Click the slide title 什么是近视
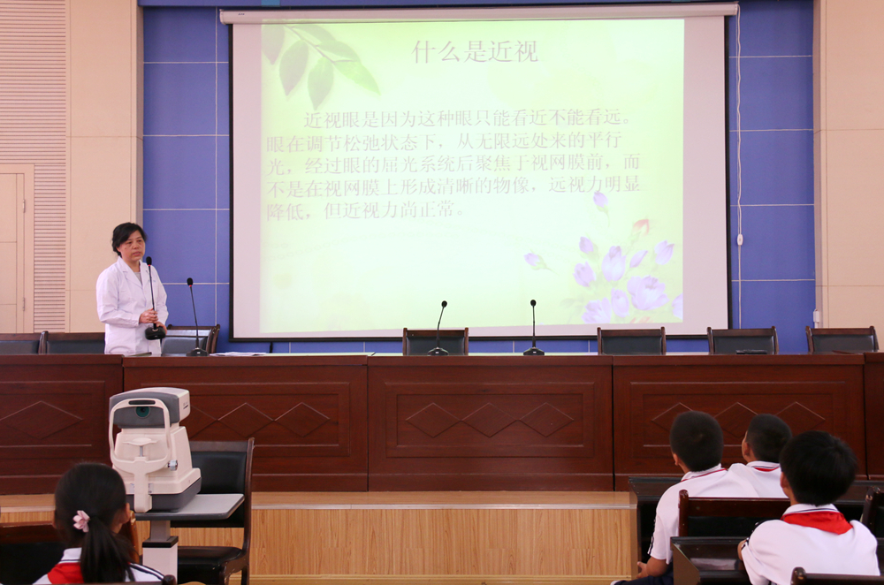pyautogui.click(x=476, y=52)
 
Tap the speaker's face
pyautogui.click(x=132, y=244)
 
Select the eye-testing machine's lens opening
pyautogui.click(x=142, y=412)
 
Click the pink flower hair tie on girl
pyautogui.click(x=81, y=520)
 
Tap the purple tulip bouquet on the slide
pyautogui.click(x=621, y=270)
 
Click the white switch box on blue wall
pyautogui.click(x=740, y=239)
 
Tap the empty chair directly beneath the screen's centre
pyautogui.click(x=435, y=341)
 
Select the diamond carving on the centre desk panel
pyautogui.click(x=490, y=420)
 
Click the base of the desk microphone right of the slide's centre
pyautogui.click(x=533, y=351)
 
